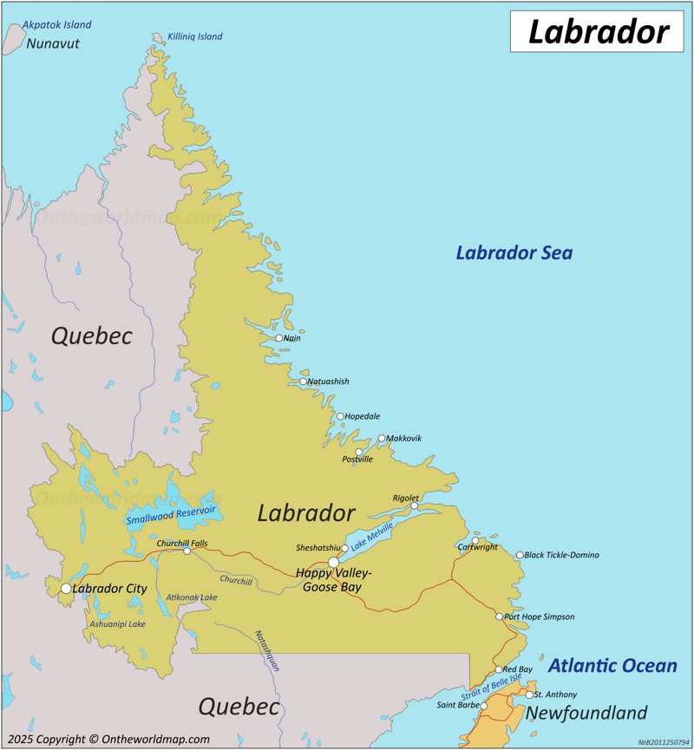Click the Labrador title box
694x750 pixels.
[599, 31]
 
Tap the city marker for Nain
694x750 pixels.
[279, 338]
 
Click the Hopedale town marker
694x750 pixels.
[340, 416]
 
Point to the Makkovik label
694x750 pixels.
[404, 439]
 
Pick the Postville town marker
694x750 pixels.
[359, 452]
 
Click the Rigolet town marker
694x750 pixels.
[415, 505]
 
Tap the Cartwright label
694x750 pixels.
[478, 548]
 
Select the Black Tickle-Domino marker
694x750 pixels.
[520, 555]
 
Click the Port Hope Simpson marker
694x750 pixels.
[499, 616]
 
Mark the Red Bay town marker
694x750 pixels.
[499, 669]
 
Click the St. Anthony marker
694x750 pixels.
[529, 695]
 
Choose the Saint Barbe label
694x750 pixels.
[457, 705]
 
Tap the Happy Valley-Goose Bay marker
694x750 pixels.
[333, 563]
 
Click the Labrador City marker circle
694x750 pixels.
[66, 589]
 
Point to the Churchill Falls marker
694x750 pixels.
[187, 551]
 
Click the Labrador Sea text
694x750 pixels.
[514, 253]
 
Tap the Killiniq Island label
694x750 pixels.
[195, 36]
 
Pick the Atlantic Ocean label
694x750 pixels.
[612, 666]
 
